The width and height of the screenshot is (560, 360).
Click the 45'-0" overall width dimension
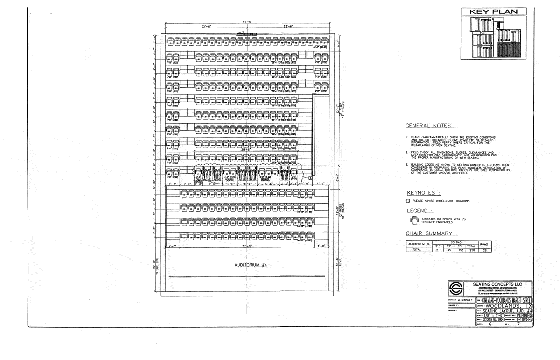pos(247,21)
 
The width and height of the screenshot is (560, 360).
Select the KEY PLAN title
pos(493,12)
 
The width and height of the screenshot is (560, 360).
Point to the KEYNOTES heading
pos(424,193)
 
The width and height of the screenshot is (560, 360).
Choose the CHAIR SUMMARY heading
pos(432,233)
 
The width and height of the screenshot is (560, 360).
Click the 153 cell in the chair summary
pos(460,250)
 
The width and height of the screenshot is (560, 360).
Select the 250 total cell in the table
pos(471,250)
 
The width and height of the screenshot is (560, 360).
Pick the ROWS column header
pos(486,244)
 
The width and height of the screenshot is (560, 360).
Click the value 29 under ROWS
pos(486,250)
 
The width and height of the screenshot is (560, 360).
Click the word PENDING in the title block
pos(523,316)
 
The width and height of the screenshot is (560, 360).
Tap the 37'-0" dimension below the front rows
pos(247,246)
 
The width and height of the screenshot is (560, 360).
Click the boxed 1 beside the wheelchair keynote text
pos(408,201)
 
